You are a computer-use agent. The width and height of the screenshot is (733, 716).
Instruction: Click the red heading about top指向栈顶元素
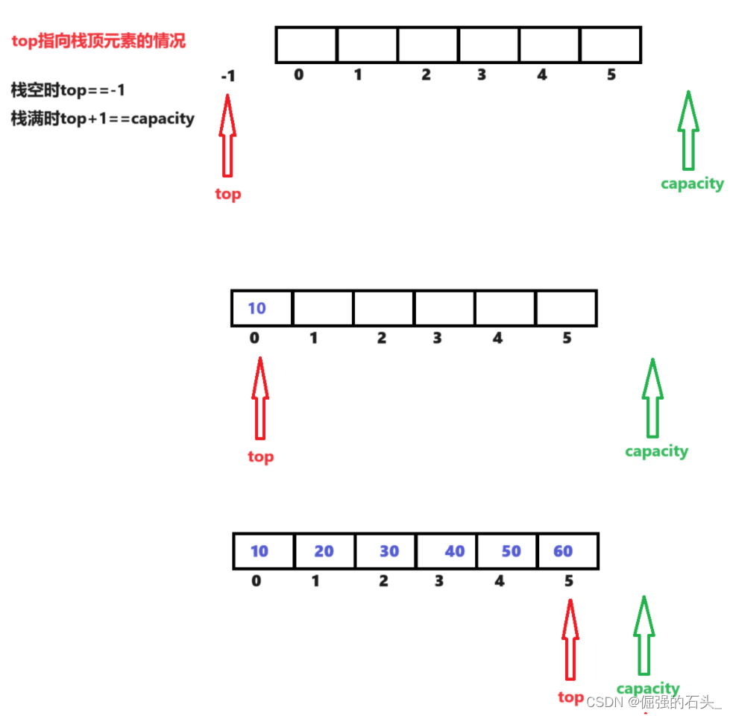coord(98,42)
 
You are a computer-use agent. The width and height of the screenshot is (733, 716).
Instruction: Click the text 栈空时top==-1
coord(68,90)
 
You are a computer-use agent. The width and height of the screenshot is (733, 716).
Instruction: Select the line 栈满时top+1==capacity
coord(103,119)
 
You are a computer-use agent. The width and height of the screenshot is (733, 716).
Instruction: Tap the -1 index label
coord(228,76)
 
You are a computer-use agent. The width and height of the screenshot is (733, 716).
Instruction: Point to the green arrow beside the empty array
coord(688,131)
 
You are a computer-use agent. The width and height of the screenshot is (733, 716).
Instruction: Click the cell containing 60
coord(567,551)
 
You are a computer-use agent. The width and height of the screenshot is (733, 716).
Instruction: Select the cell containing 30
coord(386,551)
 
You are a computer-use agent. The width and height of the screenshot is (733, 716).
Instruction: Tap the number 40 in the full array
coord(454,551)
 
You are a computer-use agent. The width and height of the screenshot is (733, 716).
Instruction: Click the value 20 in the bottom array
coord(324,551)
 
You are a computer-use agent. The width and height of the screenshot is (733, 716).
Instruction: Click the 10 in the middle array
coord(257,308)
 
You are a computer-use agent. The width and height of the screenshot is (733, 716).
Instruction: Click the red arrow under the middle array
coord(259,398)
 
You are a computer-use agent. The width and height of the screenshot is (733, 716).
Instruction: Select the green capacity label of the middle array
coord(656,451)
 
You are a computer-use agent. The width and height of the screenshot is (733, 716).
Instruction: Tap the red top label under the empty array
coord(227,194)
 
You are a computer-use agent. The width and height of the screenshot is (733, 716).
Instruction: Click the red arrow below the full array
coord(570,639)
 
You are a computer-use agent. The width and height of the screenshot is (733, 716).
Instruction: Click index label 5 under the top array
coord(611,75)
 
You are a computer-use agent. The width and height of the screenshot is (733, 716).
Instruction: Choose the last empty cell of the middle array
coord(566,308)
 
